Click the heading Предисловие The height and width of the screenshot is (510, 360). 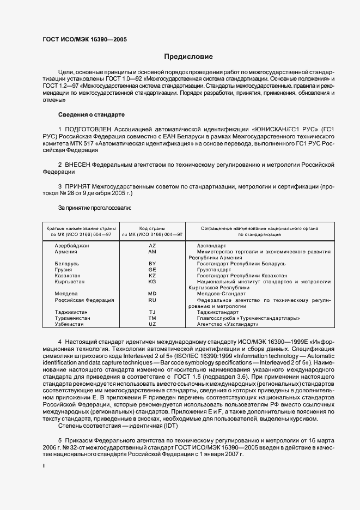click(x=188, y=57)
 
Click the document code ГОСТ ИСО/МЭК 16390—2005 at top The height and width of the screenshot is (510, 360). click(x=85, y=39)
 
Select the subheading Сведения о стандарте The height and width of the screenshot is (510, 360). click(x=91, y=115)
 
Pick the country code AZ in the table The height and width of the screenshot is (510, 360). click(x=152, y=246)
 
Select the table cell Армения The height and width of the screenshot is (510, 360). click(x=65, y=252)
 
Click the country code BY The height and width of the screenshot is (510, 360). click(x=152, y=264)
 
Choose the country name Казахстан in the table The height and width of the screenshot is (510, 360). click(x=68, y=276)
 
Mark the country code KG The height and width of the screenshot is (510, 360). click(x=152, y=282)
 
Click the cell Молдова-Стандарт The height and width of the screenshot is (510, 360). click(x=222, y=294)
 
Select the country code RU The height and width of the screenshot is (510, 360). click(x=152, y=300)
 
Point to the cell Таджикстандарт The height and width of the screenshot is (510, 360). click(x=221, y=312)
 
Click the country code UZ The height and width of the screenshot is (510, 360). click(x=152, y=324)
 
